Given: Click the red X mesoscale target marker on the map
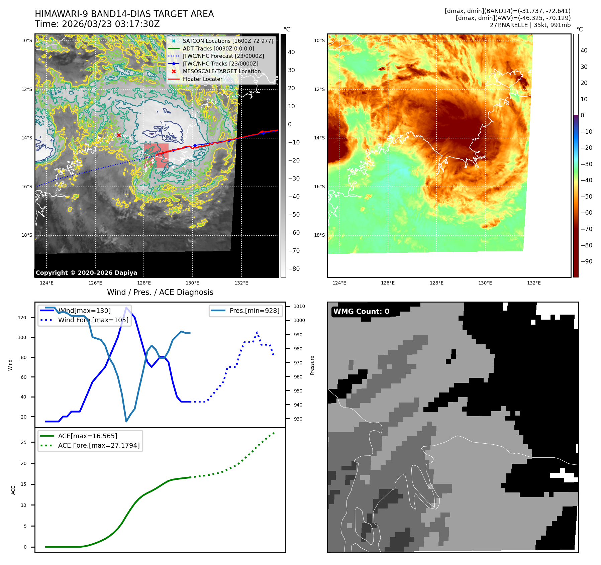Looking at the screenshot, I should pos(119,135).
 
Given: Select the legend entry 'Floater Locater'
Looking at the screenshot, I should pos(202,79).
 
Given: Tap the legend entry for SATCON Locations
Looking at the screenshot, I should pos(227,41).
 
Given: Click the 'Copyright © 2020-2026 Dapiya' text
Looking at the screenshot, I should pos(86,273).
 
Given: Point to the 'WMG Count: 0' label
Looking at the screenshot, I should pos(361,312).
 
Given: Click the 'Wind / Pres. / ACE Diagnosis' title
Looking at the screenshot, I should pos(160,292).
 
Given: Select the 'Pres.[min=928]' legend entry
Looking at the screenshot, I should pos(254,311).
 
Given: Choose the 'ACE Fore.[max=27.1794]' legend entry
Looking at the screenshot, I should pos(99,445).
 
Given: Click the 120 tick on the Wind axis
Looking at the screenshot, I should pos(22,318).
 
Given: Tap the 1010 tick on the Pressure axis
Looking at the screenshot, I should pos(299,306).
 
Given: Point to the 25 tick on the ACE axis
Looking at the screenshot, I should pos(24,442).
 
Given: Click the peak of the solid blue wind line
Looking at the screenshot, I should pos(126,308).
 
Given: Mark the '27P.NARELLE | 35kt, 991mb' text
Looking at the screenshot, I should pos(530,25).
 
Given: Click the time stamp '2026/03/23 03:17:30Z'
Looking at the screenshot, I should pos(111,24).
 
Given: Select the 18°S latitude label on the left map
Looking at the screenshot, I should pos(27,235).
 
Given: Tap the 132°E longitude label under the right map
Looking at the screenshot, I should pos(534,283).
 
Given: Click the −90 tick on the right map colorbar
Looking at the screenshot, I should pos(586,261).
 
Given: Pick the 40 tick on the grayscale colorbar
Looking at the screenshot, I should pos(291,52).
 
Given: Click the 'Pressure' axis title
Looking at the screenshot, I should pos(312,365).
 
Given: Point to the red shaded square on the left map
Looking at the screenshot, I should pos(156,155).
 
